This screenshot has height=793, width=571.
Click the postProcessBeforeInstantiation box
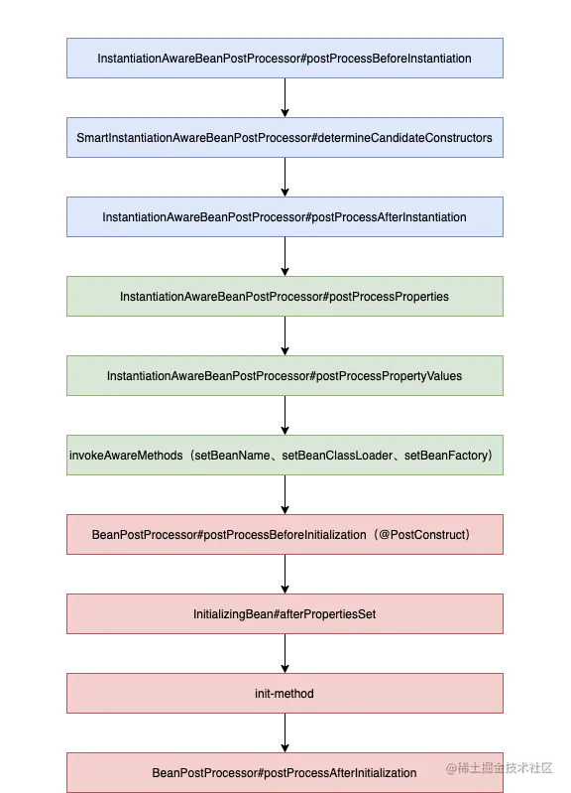coord(285,59)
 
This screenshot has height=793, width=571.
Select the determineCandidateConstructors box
coord(285,138)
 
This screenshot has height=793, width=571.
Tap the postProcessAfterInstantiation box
coord(285,217)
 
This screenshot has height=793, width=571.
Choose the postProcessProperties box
coord(285,297)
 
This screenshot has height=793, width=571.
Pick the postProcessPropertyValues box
coord(285,376)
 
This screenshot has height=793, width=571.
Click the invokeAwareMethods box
coord(285,456)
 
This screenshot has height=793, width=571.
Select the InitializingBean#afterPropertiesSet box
coord(285,614)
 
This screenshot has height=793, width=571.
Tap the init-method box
coord(285,694)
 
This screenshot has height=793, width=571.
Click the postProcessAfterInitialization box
coord(285,773)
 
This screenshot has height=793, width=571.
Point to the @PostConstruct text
coord(423,535)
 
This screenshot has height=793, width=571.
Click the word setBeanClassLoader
coord(337,456)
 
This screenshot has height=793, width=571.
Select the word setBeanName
coord(232,456)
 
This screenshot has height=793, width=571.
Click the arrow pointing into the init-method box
coord(285,653)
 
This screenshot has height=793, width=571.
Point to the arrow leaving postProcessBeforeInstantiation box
coord(285,97)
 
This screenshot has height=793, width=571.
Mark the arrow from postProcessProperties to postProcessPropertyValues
coord(285,335)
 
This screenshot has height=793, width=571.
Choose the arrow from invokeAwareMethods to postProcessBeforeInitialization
coord(285,494)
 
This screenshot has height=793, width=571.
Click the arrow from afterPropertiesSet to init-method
coord(285,653)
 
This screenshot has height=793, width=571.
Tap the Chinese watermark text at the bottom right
coord(500,768)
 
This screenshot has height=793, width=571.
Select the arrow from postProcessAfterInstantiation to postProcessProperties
coord(285,256)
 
